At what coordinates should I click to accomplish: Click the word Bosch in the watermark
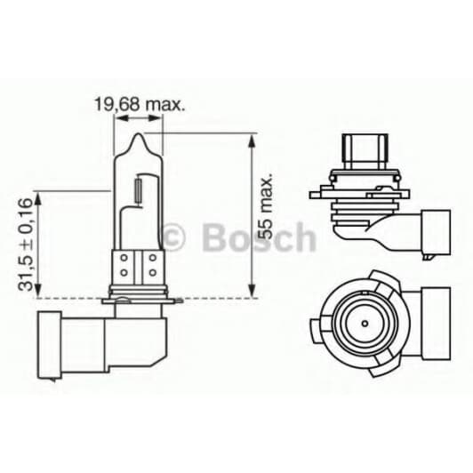[x=259, y=237]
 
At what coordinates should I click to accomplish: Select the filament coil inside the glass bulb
[x=139, y=190]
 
